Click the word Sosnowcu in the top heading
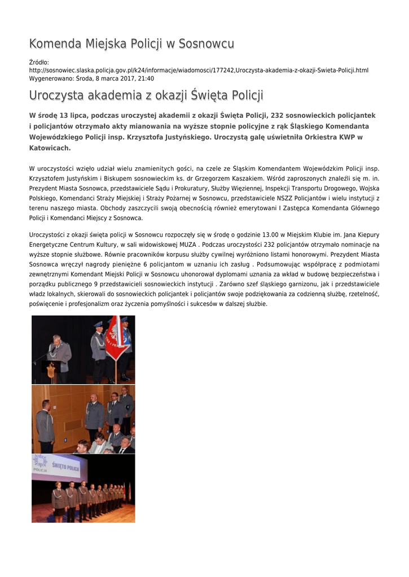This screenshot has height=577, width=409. click(206, 44)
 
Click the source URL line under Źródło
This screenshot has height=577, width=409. click(199, 70)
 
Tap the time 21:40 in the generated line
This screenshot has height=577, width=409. click(146, 78)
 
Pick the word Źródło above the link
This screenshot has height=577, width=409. click(38, 62)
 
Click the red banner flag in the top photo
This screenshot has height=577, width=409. click(115, 337)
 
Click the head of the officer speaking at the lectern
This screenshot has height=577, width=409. click(57, 339)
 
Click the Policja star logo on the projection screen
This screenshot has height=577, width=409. click(40, 461)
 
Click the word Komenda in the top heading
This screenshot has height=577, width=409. click(55, 44)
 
